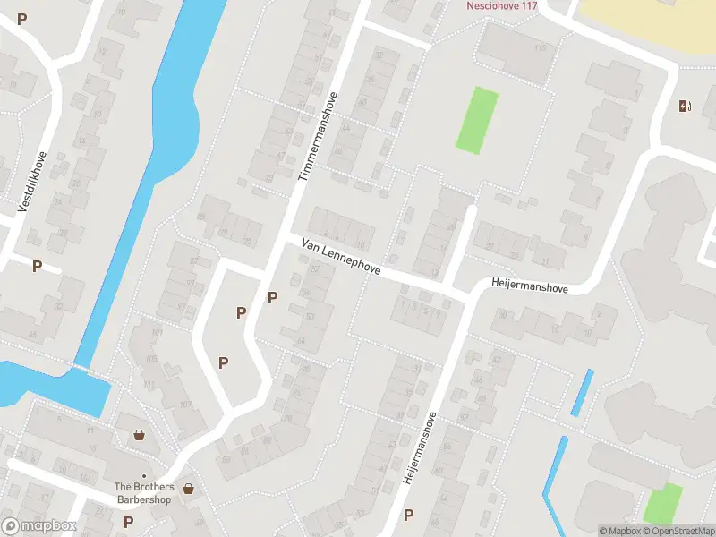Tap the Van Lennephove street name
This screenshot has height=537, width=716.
[x=342, y=257]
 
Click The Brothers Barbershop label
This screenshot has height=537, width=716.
[x=143, y=493]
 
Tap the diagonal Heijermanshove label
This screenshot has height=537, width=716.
[x=420, y=447]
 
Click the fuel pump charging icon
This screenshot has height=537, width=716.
[x=686, y=107]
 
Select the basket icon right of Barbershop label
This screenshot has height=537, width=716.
[x=189, y=489]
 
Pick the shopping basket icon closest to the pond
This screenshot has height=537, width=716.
[x=140, y=436]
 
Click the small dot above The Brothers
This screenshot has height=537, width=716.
[x=143, y=476]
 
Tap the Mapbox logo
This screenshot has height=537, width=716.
[x=38, y=527]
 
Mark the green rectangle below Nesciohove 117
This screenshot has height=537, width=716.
[x=476, y=119]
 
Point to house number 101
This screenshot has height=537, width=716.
[x=158, y=333]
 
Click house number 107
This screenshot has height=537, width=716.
[x=185, y=404]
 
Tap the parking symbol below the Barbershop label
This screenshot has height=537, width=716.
[x=128, y=522]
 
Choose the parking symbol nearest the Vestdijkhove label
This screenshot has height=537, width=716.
[x=38, y=266]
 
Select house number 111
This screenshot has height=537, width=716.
[x=149, y=384]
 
